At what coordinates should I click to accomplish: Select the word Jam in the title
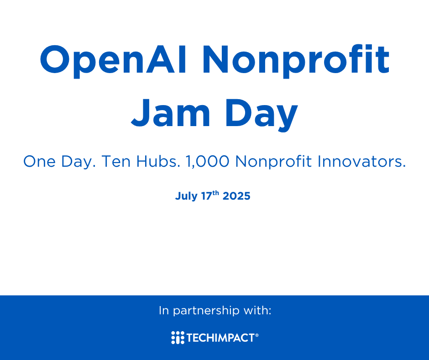(x=170, y=113)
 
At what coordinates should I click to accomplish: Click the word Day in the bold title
(x=262, y=115)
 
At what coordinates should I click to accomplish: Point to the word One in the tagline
(x=39, y=161)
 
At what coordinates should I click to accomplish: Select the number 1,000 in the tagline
(x=207, y=162)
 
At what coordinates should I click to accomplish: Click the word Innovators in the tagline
(x=362, y=161)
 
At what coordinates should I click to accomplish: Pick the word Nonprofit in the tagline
(x=273, y=162)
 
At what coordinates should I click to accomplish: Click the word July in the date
(x=186, y=196)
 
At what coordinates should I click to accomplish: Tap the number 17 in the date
(x=207, y=196)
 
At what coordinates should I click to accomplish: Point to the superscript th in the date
(x=215, y=193)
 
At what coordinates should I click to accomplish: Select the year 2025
(x=236, y=196)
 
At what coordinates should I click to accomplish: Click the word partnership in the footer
(x=206, y=311)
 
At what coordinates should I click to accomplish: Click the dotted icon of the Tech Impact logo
(x=178, y=338)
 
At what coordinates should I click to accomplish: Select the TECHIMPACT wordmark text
(x=220, y=338)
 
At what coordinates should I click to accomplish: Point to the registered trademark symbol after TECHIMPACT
(x=256, y=335)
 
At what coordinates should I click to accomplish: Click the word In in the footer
(x=164, y=310)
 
